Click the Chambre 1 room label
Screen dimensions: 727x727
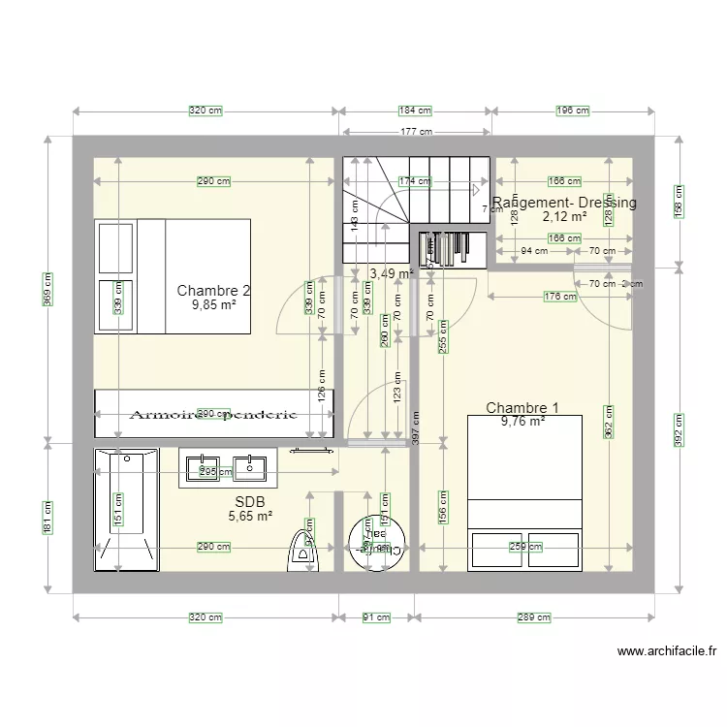[x=522, y=408]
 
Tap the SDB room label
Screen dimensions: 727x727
[x=249, y=502]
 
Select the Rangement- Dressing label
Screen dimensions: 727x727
[x=565, y=203]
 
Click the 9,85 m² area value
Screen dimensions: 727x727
[x=214, y=304]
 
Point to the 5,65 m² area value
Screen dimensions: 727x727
[x=249, y=517]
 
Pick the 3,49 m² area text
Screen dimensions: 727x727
[x=392, y=274]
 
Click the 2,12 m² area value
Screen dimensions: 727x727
[x=564, y=216]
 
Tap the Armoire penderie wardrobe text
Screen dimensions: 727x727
[x=213, y=414]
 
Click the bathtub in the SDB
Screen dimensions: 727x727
[x=126, y=510]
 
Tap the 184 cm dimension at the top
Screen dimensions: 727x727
[x=415, y=111]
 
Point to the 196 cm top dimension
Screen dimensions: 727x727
[x=572, y=111]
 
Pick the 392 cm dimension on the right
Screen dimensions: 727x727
[x=679, y=427]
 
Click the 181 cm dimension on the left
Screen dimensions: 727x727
[x=48, y=513]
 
